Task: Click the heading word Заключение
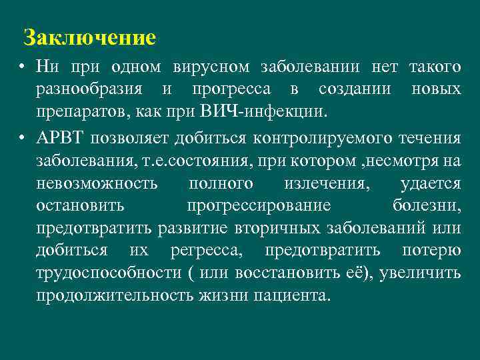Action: (89, 37)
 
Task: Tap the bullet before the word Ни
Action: (23, 67)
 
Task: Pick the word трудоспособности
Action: (107, 273)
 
